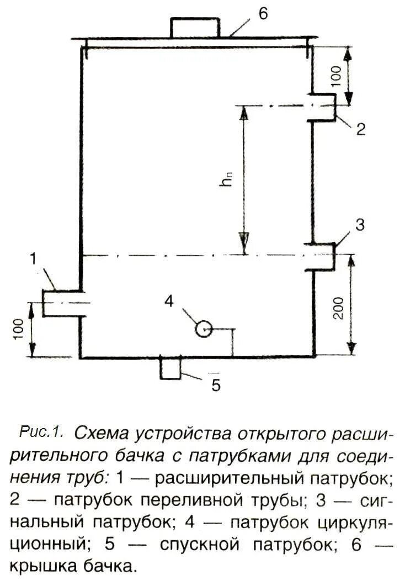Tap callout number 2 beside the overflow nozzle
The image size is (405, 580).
[x=360, y=129]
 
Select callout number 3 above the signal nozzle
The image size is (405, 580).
[x=359, y=225]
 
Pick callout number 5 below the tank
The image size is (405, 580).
[x=216, y=384]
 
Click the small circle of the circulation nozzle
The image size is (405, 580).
[x=203, y=329]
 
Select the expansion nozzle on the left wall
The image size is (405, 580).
[x=62, y=303]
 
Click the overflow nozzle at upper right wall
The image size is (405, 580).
[x=323, y=107]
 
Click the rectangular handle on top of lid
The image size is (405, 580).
[x=195, y=28]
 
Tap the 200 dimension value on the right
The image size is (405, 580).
[x=339, y=308]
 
